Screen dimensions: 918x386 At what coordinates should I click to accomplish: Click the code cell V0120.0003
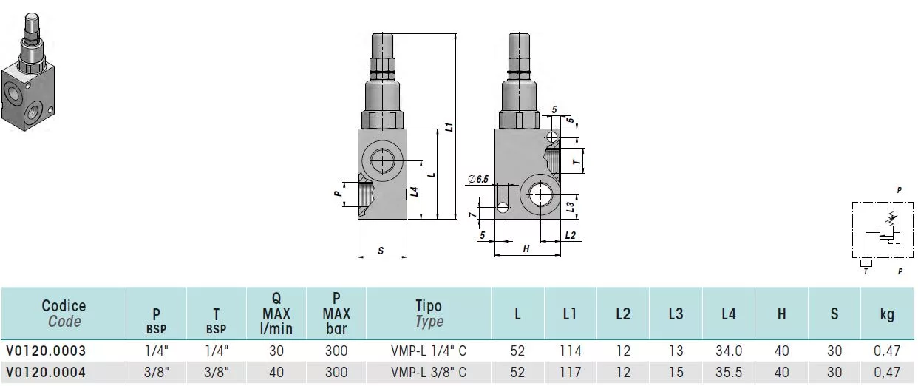click(46, 351)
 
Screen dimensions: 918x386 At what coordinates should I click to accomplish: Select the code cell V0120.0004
click(46, 372)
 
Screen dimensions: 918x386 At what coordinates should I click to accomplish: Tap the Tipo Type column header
click(429, 314)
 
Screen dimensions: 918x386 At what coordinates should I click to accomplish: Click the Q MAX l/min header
click(276, 314)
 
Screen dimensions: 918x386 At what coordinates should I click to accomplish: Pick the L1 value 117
click(571, 372)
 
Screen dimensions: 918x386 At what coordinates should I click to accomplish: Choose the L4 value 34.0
click(729, 351)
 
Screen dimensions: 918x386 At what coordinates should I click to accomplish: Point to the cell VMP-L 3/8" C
click(429, 372)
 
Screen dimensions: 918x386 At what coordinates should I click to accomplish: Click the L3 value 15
click(676, 372)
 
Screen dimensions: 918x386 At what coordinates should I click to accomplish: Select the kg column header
click(887, 314)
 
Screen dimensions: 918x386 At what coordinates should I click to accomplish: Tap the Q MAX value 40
click(276, 372)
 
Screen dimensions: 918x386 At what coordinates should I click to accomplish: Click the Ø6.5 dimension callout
click(478, 179)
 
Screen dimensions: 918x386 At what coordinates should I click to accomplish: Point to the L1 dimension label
click(449, 126)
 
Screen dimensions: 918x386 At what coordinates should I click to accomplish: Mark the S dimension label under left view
click(381, 251)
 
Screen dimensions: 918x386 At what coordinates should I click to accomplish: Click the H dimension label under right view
click(526, 248)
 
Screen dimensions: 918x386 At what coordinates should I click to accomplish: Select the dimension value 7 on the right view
click(473, 214)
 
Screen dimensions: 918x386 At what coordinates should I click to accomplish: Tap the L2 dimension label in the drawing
click(571, 235)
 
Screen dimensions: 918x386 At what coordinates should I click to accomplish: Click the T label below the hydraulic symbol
click(866, 271)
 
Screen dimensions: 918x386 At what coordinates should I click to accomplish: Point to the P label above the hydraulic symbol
click(899, 190)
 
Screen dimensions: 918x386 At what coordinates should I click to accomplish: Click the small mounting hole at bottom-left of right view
click(503, 208)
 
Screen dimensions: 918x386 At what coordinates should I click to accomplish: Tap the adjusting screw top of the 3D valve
click(32, 18)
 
